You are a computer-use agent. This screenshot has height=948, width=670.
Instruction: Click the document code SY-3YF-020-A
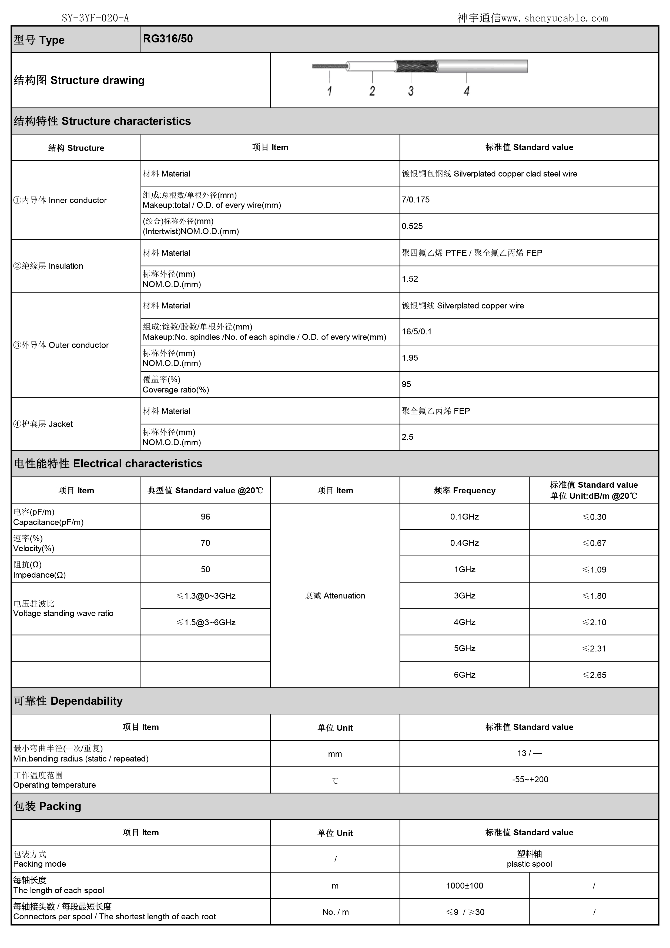pos(95,18)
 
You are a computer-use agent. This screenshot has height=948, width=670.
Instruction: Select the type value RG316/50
pos(168,39)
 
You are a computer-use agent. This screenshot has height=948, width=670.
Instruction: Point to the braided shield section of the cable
pos(416,66)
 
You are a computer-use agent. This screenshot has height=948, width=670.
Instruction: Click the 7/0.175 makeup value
pos(416,200)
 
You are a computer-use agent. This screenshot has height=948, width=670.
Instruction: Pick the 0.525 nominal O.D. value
pos(412,226)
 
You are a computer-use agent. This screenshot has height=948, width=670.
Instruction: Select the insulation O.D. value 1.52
pos(410,279)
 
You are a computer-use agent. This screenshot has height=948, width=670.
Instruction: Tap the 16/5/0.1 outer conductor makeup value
pos(417,332)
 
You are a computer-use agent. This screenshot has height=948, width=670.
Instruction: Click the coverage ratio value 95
pos(406,384)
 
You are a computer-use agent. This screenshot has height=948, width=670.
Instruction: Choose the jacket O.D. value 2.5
pos(408,437)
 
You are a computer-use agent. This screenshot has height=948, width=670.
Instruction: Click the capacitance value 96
pos(205,517)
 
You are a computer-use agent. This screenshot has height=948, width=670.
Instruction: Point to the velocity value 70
pos(205,543)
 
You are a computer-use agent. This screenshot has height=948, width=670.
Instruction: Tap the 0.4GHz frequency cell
pos(465,543)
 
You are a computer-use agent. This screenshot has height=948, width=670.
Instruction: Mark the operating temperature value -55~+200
pos(530,780)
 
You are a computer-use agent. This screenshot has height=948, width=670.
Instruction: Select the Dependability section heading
pos(68,701)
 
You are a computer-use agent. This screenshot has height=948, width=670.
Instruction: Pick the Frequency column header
pos(465,491)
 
